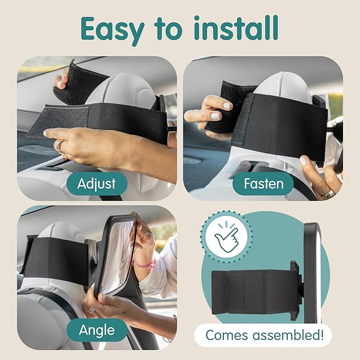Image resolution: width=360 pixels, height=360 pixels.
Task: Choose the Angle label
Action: pos(96,330)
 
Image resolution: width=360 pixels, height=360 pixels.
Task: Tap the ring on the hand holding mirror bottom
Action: pos(91,310)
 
